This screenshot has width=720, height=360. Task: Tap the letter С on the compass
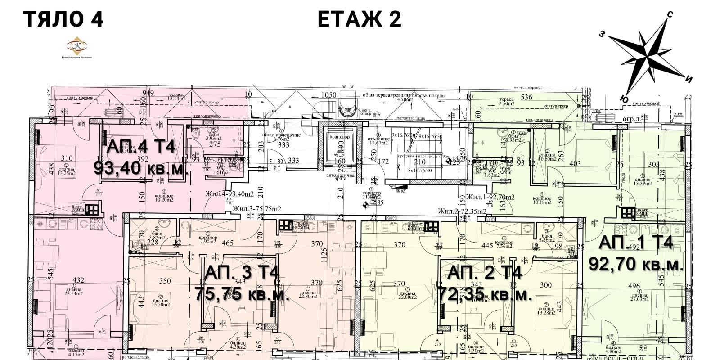pyautogui.click(x=670, y=15)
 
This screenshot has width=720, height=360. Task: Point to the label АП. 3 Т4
pyautogui.click(x=242, y=273)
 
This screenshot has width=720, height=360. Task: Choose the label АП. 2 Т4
pyautogui.click(x=485, y=273)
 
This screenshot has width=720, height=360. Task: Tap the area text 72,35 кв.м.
pyautogui.click(x=485, y=295)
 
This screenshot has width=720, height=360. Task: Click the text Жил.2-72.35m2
pyautogui.click(x=463, y=211)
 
